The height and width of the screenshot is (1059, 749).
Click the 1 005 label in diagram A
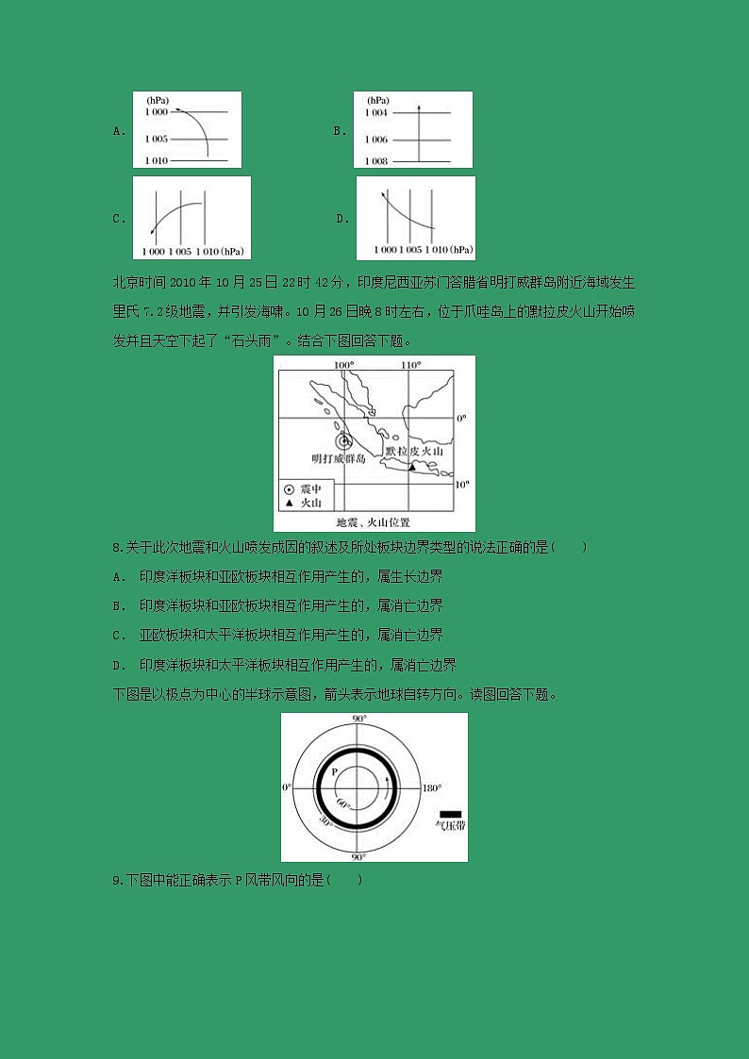point(156,139)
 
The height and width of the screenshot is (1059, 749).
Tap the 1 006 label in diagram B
point(375,140)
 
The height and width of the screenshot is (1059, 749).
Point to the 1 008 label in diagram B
point(375,161)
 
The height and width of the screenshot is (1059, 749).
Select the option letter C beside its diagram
point(119,219)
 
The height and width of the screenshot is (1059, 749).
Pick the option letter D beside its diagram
point(342,219)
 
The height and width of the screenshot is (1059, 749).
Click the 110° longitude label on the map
point(409,364)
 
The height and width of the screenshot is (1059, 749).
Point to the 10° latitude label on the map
point(461,485)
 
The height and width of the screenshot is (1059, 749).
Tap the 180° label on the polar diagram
point(431,787)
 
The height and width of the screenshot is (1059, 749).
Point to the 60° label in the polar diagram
point(344,805)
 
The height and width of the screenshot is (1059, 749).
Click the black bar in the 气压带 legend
point(450,813)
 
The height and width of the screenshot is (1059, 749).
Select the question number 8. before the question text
point(117,547)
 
